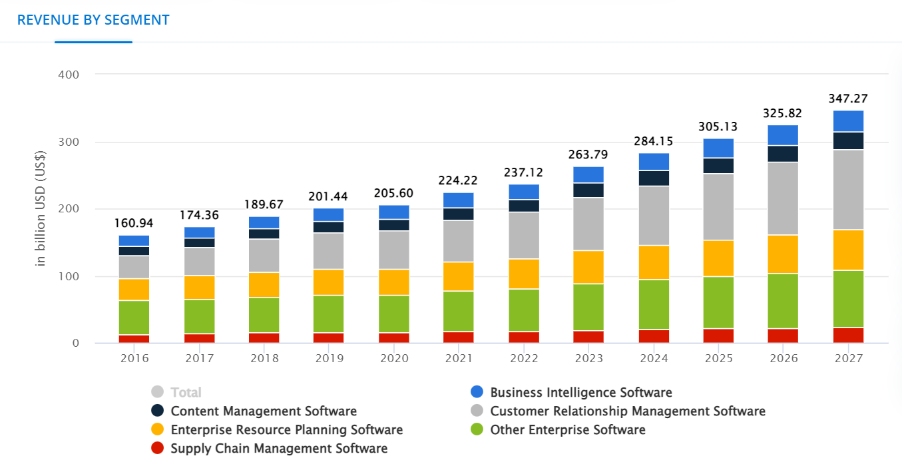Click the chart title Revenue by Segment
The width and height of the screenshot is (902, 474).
pos(93,20)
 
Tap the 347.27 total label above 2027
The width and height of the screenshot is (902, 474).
pos(847,99)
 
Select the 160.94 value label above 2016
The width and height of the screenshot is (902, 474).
pos(134,223)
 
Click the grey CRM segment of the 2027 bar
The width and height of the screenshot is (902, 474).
pos(847,190)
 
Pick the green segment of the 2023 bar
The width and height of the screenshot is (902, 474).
pos(588,307)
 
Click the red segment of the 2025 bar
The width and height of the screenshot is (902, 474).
pos(718,336)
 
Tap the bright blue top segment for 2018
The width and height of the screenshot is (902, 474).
pos(264,222)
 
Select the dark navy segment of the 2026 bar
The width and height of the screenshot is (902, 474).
pos(783,154)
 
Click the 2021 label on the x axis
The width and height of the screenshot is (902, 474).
pos(458,358)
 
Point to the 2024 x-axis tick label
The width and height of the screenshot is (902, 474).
pos(654,358)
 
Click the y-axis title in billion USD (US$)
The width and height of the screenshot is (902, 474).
pos(41,209)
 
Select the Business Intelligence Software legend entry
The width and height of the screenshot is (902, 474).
pos(580,393)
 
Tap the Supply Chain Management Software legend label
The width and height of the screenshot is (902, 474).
pos(279,449)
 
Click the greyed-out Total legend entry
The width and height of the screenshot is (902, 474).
pos(186,393)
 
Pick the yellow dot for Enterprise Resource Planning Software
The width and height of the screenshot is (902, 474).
pos(158,430)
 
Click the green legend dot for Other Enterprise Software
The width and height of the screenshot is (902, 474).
pos(477,430)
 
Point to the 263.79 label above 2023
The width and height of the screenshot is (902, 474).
pos(588,154)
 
